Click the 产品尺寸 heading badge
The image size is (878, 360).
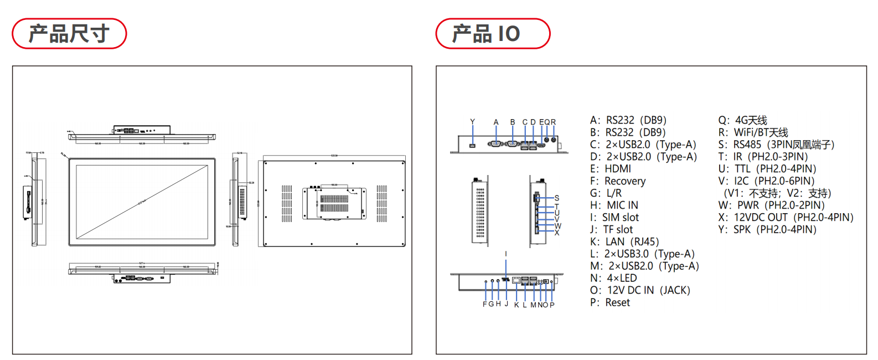pyautogui.click(x=69, y=34)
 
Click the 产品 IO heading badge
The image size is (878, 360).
pyautogui.click(x=493, y=34)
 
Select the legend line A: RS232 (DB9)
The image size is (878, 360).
pyautogui.click(x=628, y=120)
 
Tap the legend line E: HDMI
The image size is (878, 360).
pyautogui.click(x=611, y=169)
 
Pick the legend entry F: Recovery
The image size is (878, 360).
pyautogui.click(x=618, y=181)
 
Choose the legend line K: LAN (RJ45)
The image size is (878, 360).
pyautogui.click(x=624, y=242)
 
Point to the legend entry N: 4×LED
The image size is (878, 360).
pyautogui.click(x=613, y=278)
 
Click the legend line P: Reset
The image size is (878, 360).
pyautogui.click(x=610, y=302)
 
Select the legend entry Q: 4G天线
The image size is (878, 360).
pyautogui.click(x=742, y=120)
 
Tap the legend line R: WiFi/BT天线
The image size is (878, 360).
pyautogui.click(x=753, y=132)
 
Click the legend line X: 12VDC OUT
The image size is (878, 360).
pyautogui.click(x=786, y=218)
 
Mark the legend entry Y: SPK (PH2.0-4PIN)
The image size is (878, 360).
pyautogui.click(x=767, y=230)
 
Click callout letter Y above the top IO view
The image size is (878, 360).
pyautogui.click(x=472, y=122)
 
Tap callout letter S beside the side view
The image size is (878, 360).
pyautogui.click(x=557, y=198)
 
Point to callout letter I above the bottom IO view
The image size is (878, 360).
pyautogui.click(x=505, y=254)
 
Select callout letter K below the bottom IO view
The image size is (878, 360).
pyautogui.click(x=517, y=305)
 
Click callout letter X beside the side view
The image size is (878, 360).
pyautogui.click(x=557, y=233)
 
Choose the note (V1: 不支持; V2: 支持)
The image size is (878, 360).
pyautogui.click(x=777, y=193)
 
